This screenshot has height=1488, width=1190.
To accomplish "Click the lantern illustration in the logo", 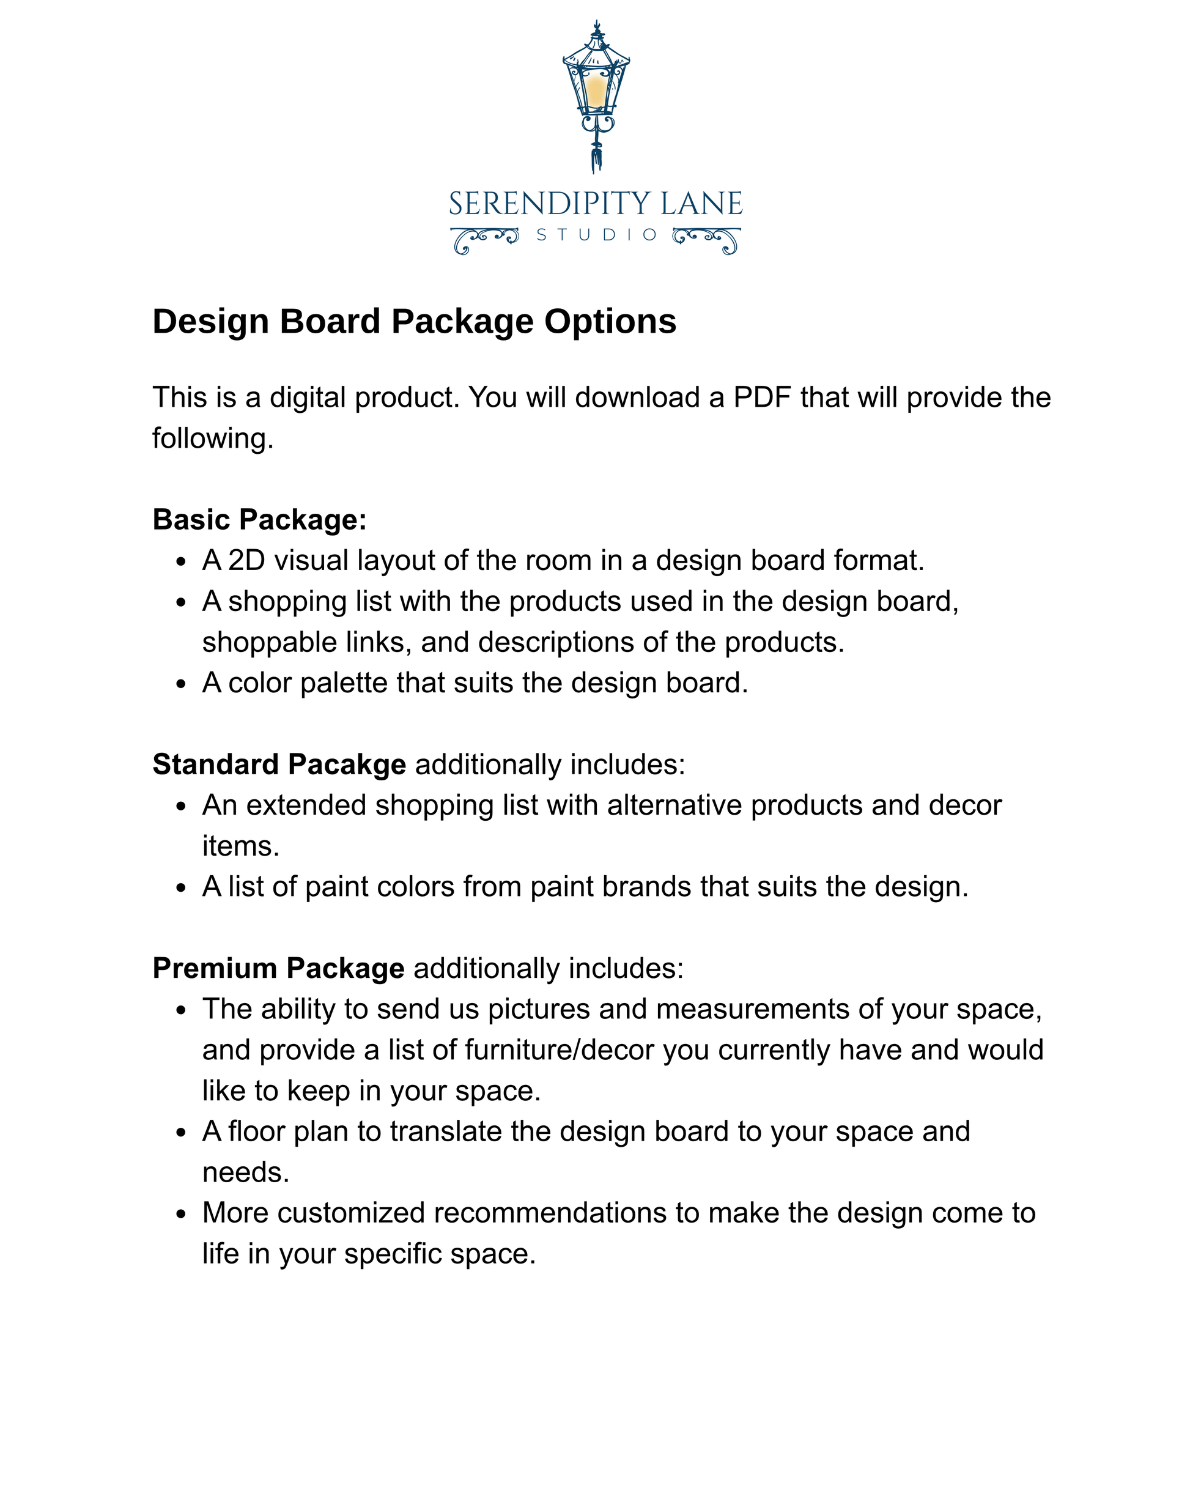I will (x=596, y=90).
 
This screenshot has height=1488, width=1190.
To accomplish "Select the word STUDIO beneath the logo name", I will (x=596, y=235).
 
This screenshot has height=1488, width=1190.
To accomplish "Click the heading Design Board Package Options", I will (x=414, y=322).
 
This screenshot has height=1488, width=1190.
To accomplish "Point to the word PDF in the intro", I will (x=761, y=398).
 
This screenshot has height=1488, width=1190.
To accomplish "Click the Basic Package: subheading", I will (x=259, y=520).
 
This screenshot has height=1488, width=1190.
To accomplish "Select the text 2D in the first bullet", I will (x=246, y=560).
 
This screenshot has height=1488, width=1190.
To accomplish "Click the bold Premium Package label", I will (x=278, y=968).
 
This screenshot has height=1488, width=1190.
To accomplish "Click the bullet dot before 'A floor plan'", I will (x=181, y=1133).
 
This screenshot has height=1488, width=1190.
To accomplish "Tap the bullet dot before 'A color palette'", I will (x=181, y=684).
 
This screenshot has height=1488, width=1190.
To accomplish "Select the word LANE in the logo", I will (x=701, y=204).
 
